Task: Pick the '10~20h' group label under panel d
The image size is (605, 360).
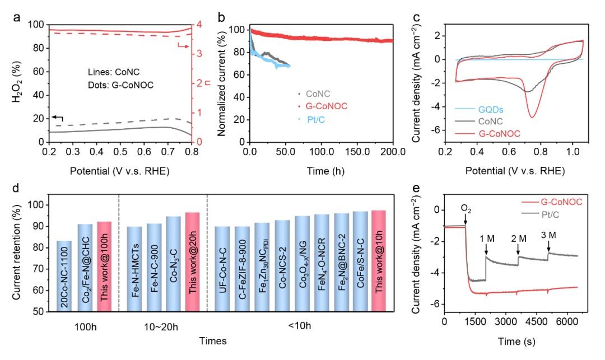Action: pos(163,324)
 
